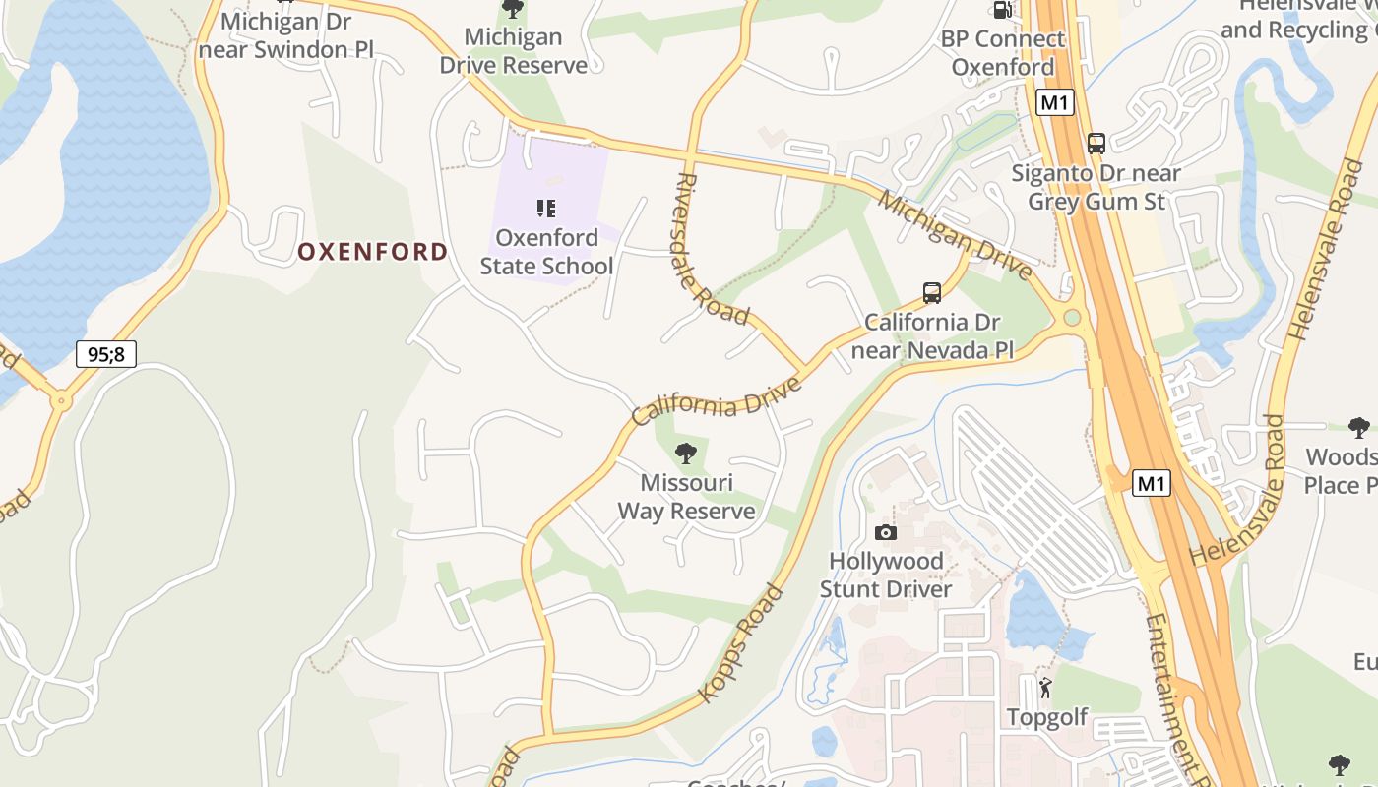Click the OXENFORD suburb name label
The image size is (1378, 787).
[x=372, y=252]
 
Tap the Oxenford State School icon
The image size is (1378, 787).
[x=546, y=209]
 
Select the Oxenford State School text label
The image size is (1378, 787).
[x=546, y=252]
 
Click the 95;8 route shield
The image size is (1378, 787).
[x=105, y=354]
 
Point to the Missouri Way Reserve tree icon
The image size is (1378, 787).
[x=686, y=454]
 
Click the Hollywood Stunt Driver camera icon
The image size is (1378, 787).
[x=886, y=532]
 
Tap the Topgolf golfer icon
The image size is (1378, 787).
[x=1045, y=688]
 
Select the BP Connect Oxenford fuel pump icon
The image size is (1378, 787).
[x=1002, y=10]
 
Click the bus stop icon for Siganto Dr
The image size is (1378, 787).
[x=1096, y=144]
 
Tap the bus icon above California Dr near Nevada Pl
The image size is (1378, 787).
[x=932, y=292]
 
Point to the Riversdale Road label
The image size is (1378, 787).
[x=715, y=248]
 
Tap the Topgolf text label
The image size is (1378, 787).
[x=1047, y=717]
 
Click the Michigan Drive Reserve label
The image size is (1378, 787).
[x=513, y=51]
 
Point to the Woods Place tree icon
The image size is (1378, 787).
[x=1359, y=428]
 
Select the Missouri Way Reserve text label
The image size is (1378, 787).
[x=686, y=497]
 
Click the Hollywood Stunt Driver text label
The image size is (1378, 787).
[x=887, y=575]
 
